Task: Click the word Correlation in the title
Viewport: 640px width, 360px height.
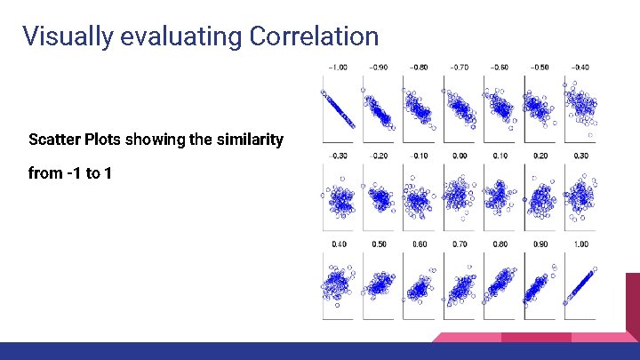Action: [x=314, y=36]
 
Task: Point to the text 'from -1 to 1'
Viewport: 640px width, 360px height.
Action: [x=69, y=173]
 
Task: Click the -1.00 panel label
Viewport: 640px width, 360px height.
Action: [x=337, y=67]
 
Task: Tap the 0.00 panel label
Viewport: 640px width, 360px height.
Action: [x=458, y=156]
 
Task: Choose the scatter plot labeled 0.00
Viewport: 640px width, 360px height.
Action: [x=458, y=196]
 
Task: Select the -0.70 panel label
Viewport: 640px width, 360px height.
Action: [x=458, y=67]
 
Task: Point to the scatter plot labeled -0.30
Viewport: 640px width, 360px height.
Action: [x=338, y=196]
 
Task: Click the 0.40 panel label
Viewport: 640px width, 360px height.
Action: [x=338, y=244]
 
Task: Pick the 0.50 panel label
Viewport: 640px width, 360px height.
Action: [x=378, y=244]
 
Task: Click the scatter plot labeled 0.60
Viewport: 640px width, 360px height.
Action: [x=418, y=284]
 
